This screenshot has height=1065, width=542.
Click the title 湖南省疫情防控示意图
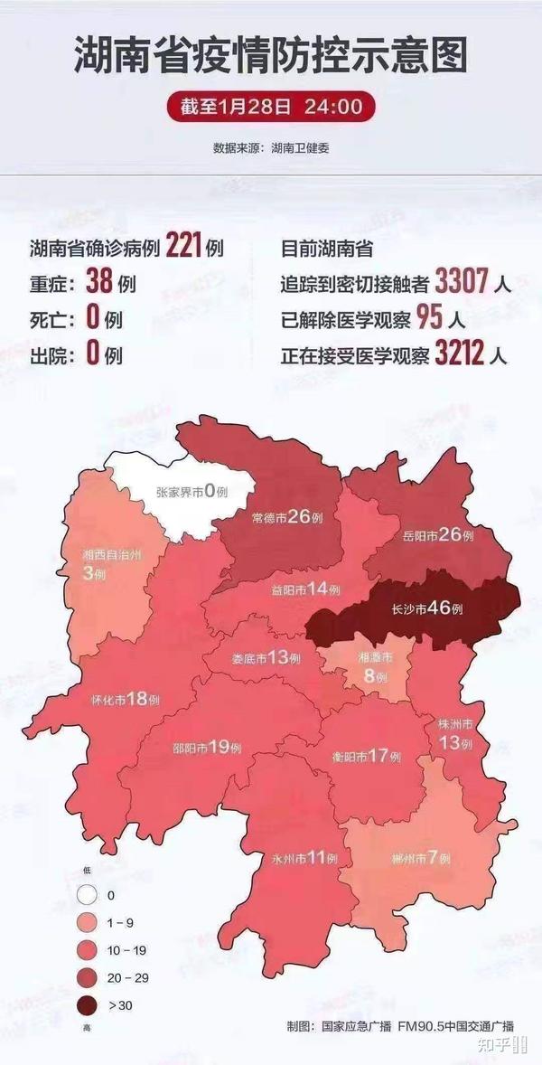[271, 55]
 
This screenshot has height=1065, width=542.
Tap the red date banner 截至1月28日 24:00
[271, 107]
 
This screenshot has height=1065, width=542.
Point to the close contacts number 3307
[461, 282]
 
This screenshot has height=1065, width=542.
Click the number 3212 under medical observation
[460, 353]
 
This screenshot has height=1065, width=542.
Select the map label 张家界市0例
[191, 492]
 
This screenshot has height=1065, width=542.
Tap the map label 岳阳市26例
[437, 535]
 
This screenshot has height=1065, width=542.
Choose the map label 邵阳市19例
[207, 748]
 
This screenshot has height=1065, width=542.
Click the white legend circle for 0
[88, 895]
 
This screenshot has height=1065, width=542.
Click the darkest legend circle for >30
[88, 1005]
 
